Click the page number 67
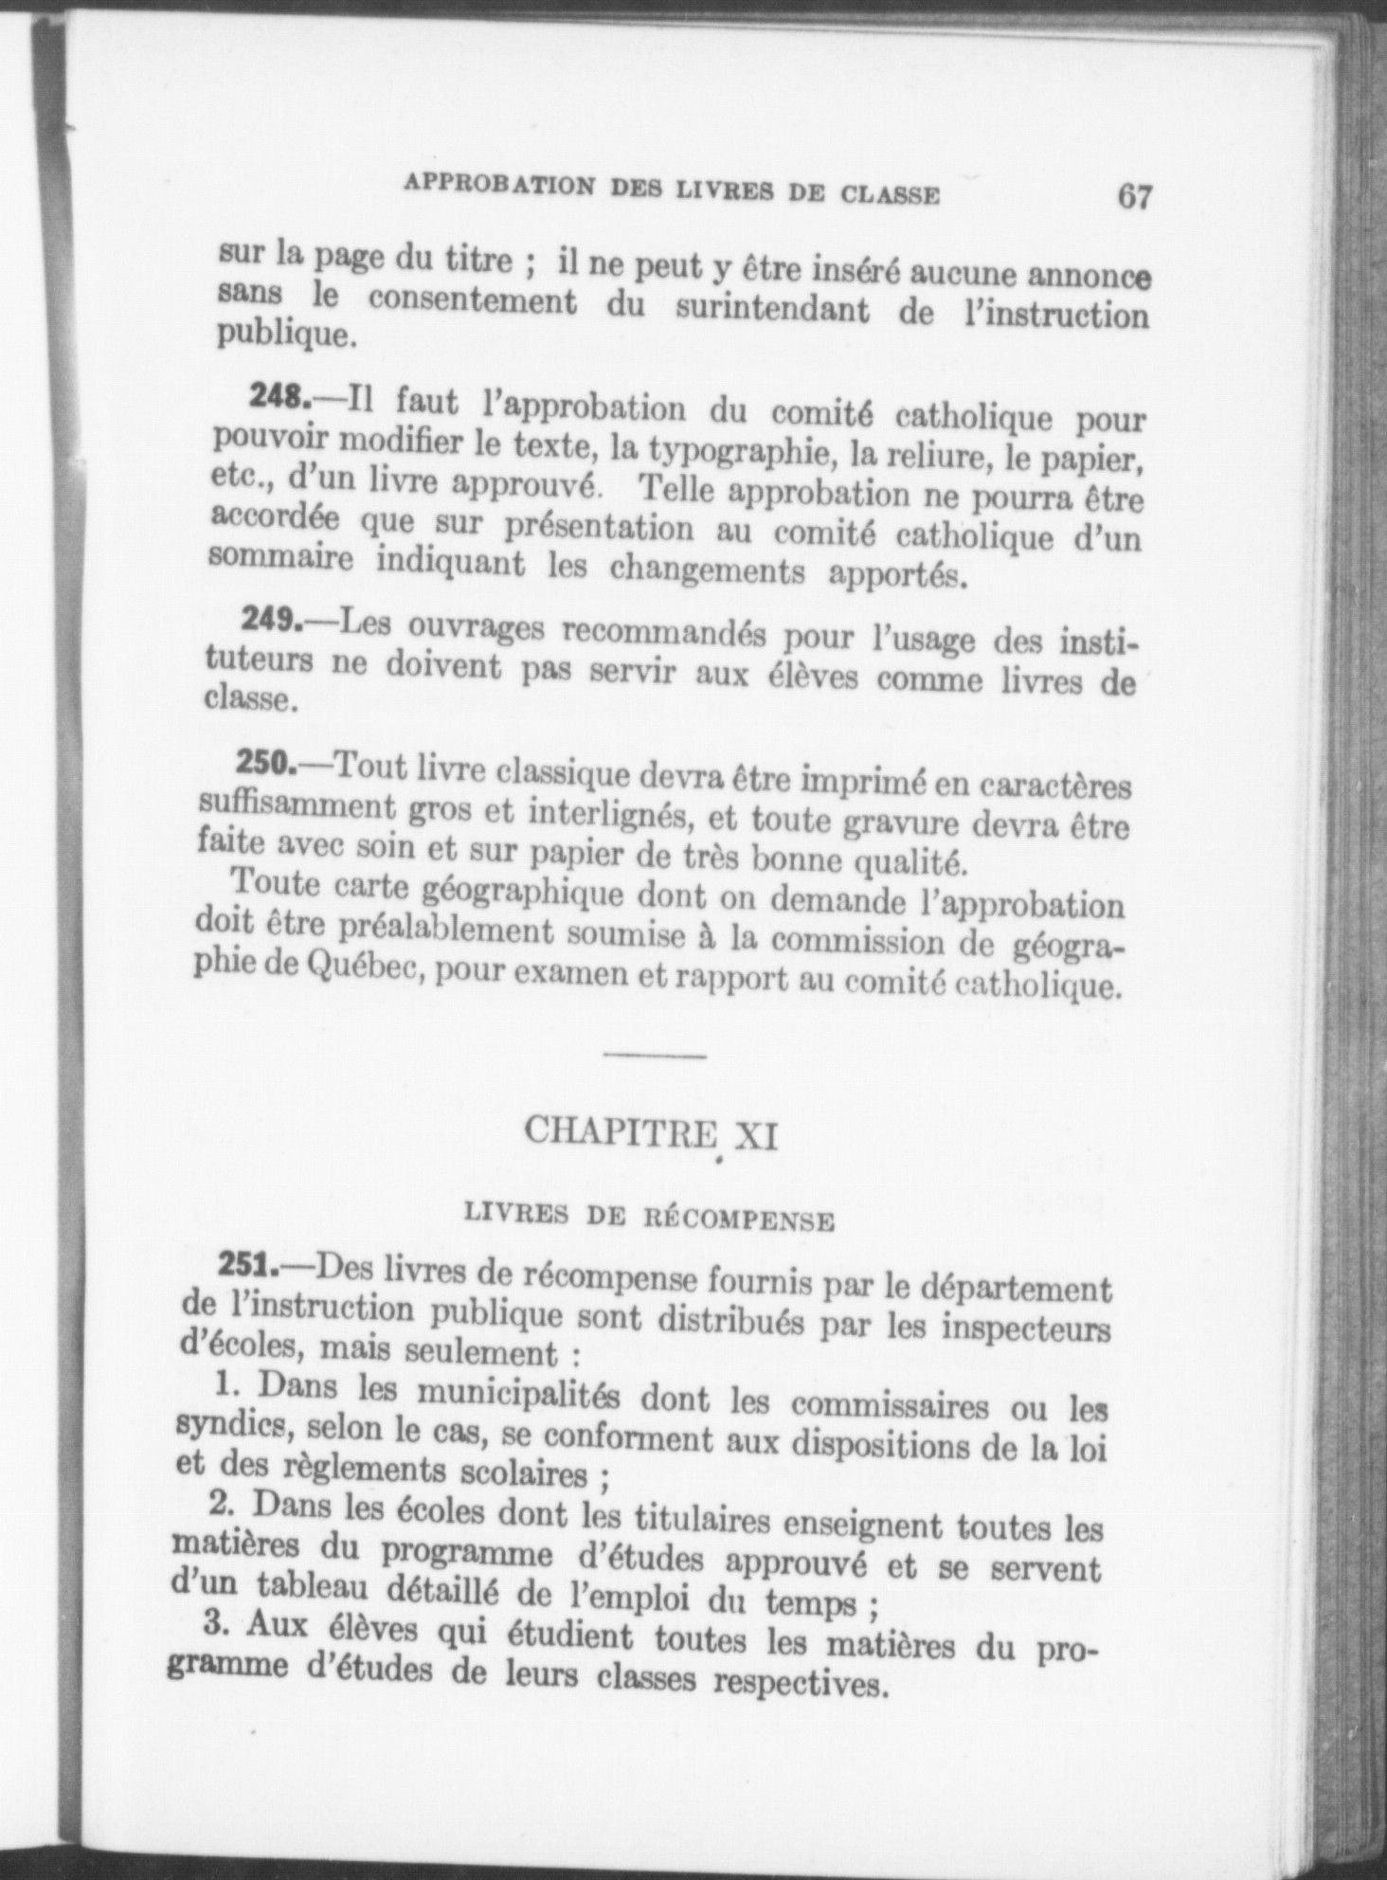pyautogui.click(x=1134, y=196)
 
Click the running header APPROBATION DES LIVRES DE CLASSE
pyautogui.click(x=672, y=190)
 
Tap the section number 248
pyautogui.click(x=279, y=397)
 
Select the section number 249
pyautogui.click(x=271, y=620)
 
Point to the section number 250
pyautogui.click(x=266, y=761)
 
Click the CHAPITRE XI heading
pyautogui.click(x=650, y=1131)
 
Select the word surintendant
pyautogui.click(x=772, y=309)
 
